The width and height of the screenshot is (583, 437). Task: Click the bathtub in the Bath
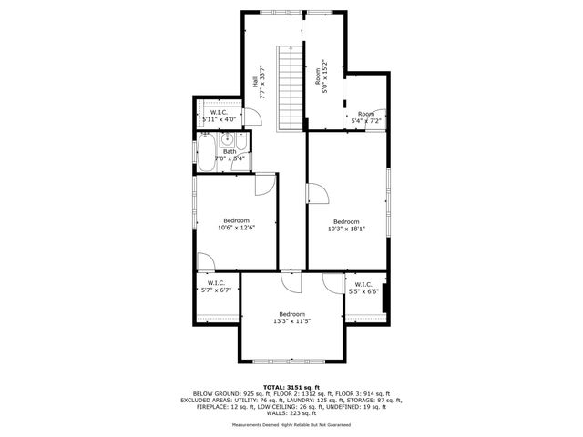pyautogui.click(x=205, y=149)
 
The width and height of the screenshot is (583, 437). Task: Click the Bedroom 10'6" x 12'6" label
pyautogui.click(x=236, y=224)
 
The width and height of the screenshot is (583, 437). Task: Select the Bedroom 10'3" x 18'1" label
pyautogui.click(x=346, y=225)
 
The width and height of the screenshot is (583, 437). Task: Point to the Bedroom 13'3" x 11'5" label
pyautogui.click(x=292, y=317)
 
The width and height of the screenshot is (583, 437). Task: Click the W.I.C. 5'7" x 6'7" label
pyautogui.click(x=216, y=286)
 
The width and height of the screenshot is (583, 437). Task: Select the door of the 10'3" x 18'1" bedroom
pyautogui.click(x=317, y=194)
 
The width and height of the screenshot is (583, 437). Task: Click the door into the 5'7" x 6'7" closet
pyautogui.click(x=206, y=262)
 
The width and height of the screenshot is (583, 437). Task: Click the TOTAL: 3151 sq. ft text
pyautogui.click(x=292, y=386)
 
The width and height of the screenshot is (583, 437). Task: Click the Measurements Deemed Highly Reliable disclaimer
pyautogui.click(x=292, y=424)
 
